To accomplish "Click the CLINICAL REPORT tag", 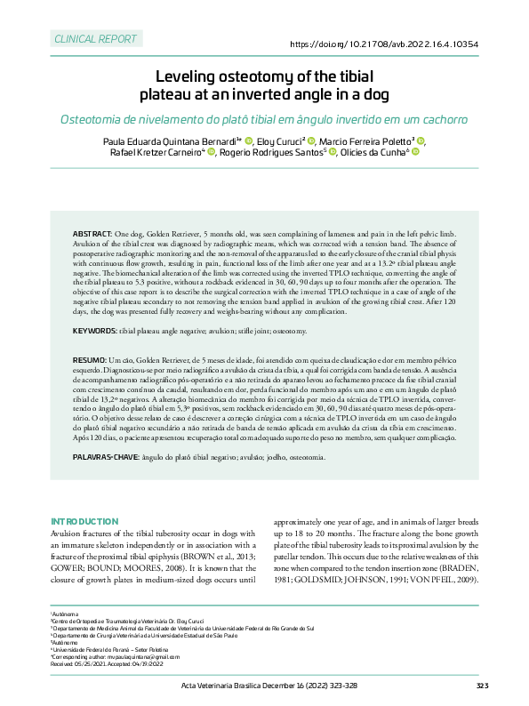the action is (95, 40).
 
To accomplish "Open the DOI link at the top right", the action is (384, 44).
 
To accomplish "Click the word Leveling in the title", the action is (189, 76).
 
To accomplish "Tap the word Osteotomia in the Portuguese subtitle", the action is (96, 119).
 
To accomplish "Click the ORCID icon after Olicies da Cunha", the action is (415, 152).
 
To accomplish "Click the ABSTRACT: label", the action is (92, 232).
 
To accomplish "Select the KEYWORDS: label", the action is (94, 331).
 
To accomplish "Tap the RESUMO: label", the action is (89, 358).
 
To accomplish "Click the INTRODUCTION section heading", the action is (84, 520).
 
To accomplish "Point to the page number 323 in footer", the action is (482, 686).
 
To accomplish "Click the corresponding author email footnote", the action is (116, 657).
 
